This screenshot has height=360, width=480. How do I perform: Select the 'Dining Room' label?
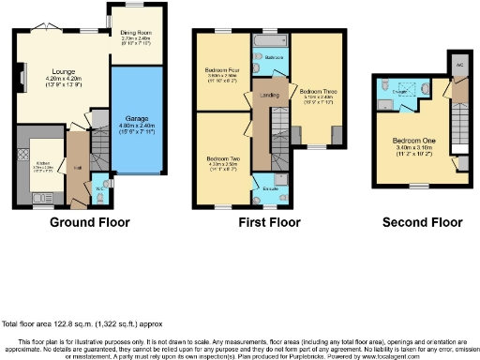(138, 32)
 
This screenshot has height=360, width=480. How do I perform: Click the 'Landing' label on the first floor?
(269, 95)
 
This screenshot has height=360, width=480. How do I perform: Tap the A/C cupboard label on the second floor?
(459, 65)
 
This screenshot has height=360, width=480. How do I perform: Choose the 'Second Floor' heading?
(423, 223)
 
